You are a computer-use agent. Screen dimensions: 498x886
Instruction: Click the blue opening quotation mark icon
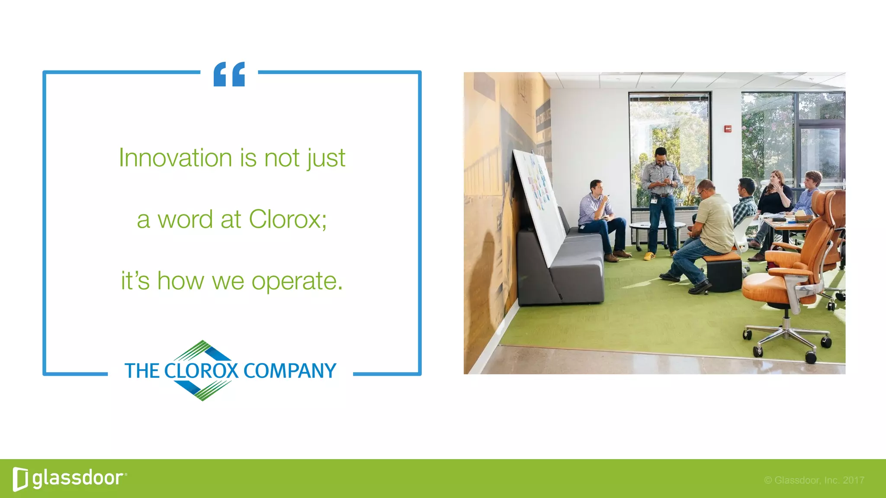[x=229, y=74]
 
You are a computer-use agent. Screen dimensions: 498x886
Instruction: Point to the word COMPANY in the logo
[x=289, y=371]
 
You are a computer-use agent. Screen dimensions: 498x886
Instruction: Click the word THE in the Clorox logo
[x=142, y=371]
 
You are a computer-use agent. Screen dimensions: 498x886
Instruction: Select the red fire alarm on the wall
[x=728, y=128]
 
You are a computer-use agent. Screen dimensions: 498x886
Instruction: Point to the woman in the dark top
[x=775, y=197]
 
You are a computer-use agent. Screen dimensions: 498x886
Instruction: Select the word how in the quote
[x=180, y=281]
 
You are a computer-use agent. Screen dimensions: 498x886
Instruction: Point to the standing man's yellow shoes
[x=649, y=256]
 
